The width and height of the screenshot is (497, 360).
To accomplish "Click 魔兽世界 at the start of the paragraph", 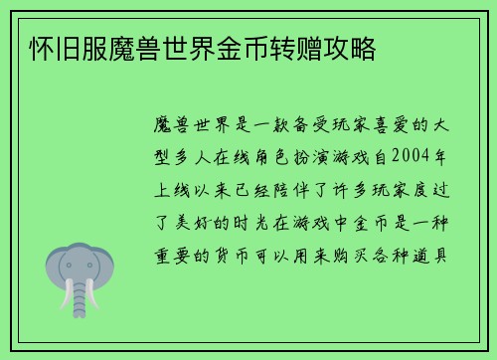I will click(195, 128).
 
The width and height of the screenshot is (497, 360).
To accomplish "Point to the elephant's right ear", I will click(103, 267).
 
